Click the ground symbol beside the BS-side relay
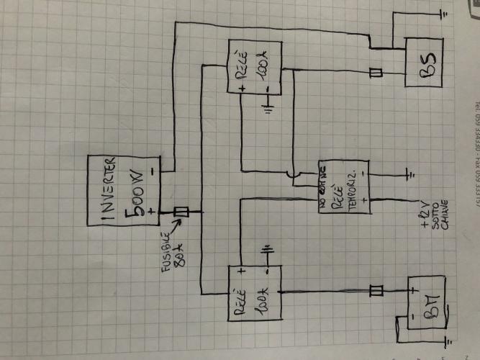point(268,109)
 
